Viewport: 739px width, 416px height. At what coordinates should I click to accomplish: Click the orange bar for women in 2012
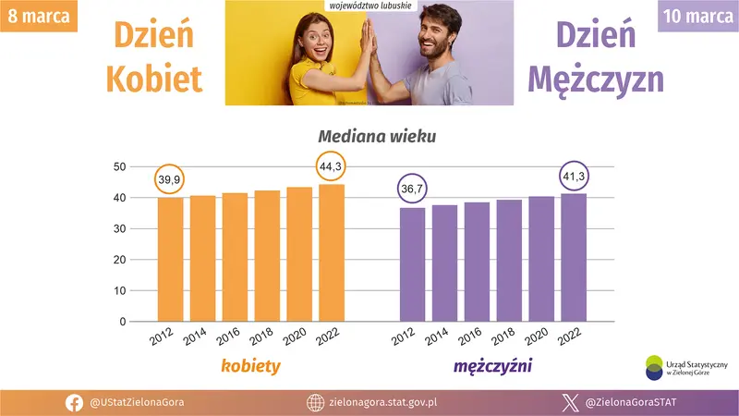point(171,260)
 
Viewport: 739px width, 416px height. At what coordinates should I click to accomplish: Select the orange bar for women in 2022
point(332,253)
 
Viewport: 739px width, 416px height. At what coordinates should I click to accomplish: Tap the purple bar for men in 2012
point(412,264)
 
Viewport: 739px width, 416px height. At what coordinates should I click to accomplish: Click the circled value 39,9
point(170,178)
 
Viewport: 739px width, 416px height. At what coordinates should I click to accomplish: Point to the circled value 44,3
point(332,166)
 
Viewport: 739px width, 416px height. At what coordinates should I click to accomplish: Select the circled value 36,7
point(412,190)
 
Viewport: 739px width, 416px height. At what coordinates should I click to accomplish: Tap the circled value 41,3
point(574,176)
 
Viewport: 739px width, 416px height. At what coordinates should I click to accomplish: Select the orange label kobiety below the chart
point(250,367)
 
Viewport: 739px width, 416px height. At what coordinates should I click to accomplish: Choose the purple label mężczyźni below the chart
point(491,367)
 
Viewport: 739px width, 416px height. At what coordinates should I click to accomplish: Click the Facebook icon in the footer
point(75,402)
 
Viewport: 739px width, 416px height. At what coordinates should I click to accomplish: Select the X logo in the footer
point(570,402)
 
